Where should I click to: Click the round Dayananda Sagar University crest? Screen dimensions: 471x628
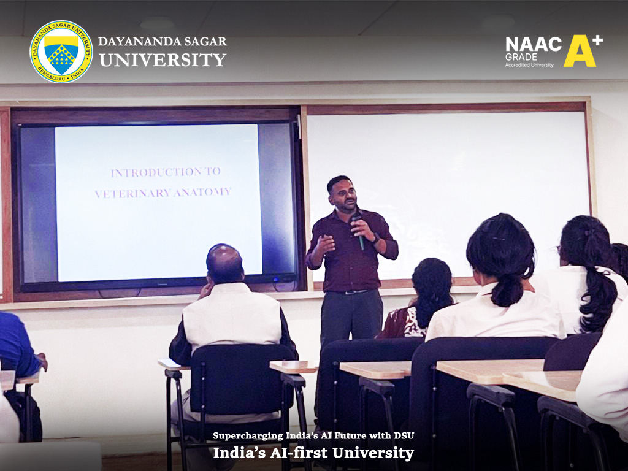[61, 52]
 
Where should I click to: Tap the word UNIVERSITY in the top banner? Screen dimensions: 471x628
[163, 59]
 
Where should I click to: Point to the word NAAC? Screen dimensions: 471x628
[533, 44]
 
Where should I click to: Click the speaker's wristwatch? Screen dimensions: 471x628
[375, 239]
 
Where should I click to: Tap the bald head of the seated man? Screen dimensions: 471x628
[224, 262]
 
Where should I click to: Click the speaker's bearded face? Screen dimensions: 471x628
[342, 196]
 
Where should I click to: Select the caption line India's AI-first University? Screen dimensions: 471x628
[313, 453]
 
